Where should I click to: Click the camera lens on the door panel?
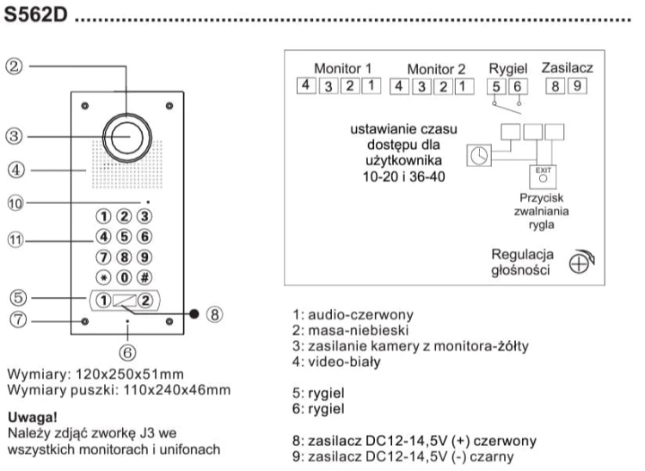(x=127, y=138)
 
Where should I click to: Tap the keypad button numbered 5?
(x=124, y=237)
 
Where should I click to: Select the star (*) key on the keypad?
(x=103, y=277)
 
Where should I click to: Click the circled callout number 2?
(x=14, y=66)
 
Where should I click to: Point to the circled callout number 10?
(x=15, y=203)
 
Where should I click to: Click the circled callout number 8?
(x=214, y=315)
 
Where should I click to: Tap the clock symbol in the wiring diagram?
(x=479, y=156)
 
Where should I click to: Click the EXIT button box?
(x=543, y=177)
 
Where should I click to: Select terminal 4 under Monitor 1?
(x=305, y=85)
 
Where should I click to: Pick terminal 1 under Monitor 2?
(x=464, y=86)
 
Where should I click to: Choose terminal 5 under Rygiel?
(x=496, y=86)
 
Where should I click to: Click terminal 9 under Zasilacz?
(x=577, y=86)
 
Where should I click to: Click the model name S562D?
(x=35, y=15)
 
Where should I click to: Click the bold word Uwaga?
(x=33, y=418)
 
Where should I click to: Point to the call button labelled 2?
(x=145, y=301)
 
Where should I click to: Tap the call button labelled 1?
(x=103, y=301)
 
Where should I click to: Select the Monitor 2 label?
(x=436, y=69)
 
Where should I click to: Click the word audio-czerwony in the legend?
(x=360, y=315)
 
